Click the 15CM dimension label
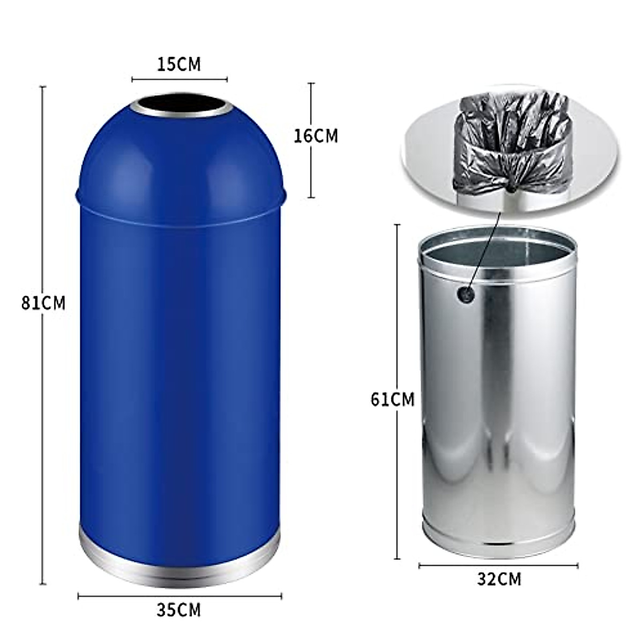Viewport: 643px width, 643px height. pos(179,64)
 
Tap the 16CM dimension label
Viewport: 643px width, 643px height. pos(316,136)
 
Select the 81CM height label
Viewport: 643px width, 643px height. pos(43,303)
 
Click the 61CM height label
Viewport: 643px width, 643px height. pos(393,400)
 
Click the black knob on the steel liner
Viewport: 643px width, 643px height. pos(465,293)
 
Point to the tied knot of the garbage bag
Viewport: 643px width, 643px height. pos(512,188)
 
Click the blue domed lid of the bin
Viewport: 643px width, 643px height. pos(180,155)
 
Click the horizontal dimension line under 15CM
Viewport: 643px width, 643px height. pos(180,80)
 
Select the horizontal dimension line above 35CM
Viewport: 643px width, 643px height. pos(180,596)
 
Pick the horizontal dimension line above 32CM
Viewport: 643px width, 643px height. pos(498,565)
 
